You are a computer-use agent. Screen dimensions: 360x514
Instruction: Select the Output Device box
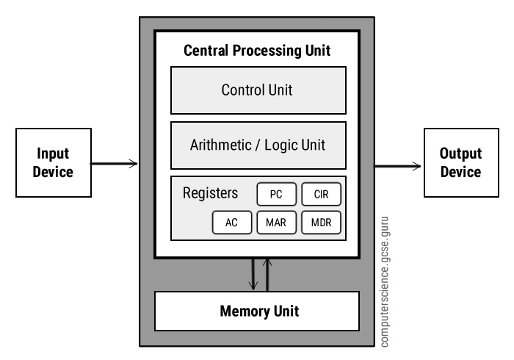click(x=460, y=163)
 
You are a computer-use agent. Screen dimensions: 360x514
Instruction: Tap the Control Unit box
click(x=257, y=90)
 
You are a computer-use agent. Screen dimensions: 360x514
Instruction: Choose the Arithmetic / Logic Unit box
click(x=257, y=145)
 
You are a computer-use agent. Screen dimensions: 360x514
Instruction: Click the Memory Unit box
click(x=257, y=312)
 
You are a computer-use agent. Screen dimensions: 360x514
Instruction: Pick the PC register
click(x=276, y=195)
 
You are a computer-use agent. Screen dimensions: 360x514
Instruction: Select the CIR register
click(x=322, y=195)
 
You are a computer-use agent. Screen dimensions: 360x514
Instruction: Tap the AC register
click(x=231, y=223)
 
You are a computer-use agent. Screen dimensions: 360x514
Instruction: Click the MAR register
click(x=276, y=223)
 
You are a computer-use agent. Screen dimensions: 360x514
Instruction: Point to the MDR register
click(x=322, y=223)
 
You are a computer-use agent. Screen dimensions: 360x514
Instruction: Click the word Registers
click(x=210, y=194)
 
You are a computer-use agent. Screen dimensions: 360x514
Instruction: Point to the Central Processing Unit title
click(x=257, y=51)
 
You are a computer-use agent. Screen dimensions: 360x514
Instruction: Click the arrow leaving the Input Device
click(x=115, y=163)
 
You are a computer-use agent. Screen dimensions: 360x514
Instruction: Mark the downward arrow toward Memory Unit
click(x=252, y=274)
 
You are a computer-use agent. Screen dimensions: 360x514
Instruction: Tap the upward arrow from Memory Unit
click(x=267, y=274)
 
